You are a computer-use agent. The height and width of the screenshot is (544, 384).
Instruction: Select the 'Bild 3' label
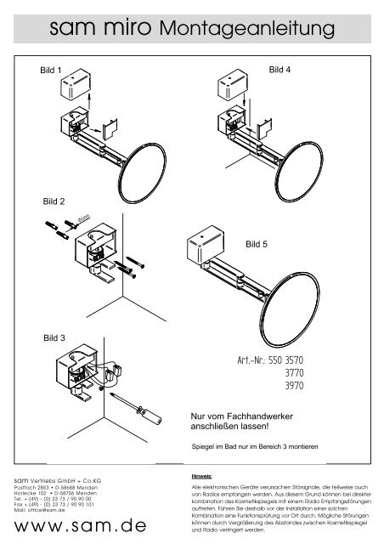click(x=54, y=337)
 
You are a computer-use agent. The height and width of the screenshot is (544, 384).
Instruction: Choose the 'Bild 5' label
click(x=257, y=244)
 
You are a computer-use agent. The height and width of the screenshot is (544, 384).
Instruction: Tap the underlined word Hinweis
click(x=203, y=478)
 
